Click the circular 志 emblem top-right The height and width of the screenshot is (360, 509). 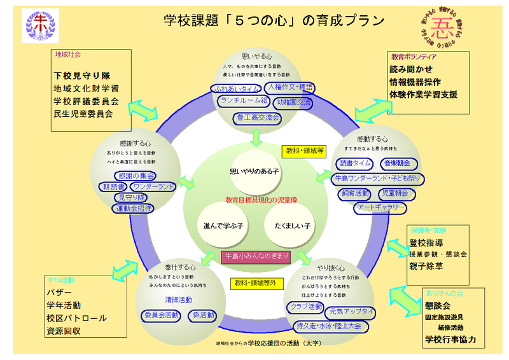tap(440, 26)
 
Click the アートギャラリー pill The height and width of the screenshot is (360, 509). tap(380, 208)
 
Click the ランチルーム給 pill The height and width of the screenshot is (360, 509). tap(243, 102)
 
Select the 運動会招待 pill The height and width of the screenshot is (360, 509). tap(134, 209)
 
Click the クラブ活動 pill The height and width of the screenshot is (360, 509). tap(306, 307)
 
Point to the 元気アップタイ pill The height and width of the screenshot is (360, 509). tap(350, 312)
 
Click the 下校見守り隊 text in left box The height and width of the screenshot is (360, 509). tap(82, 74)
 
